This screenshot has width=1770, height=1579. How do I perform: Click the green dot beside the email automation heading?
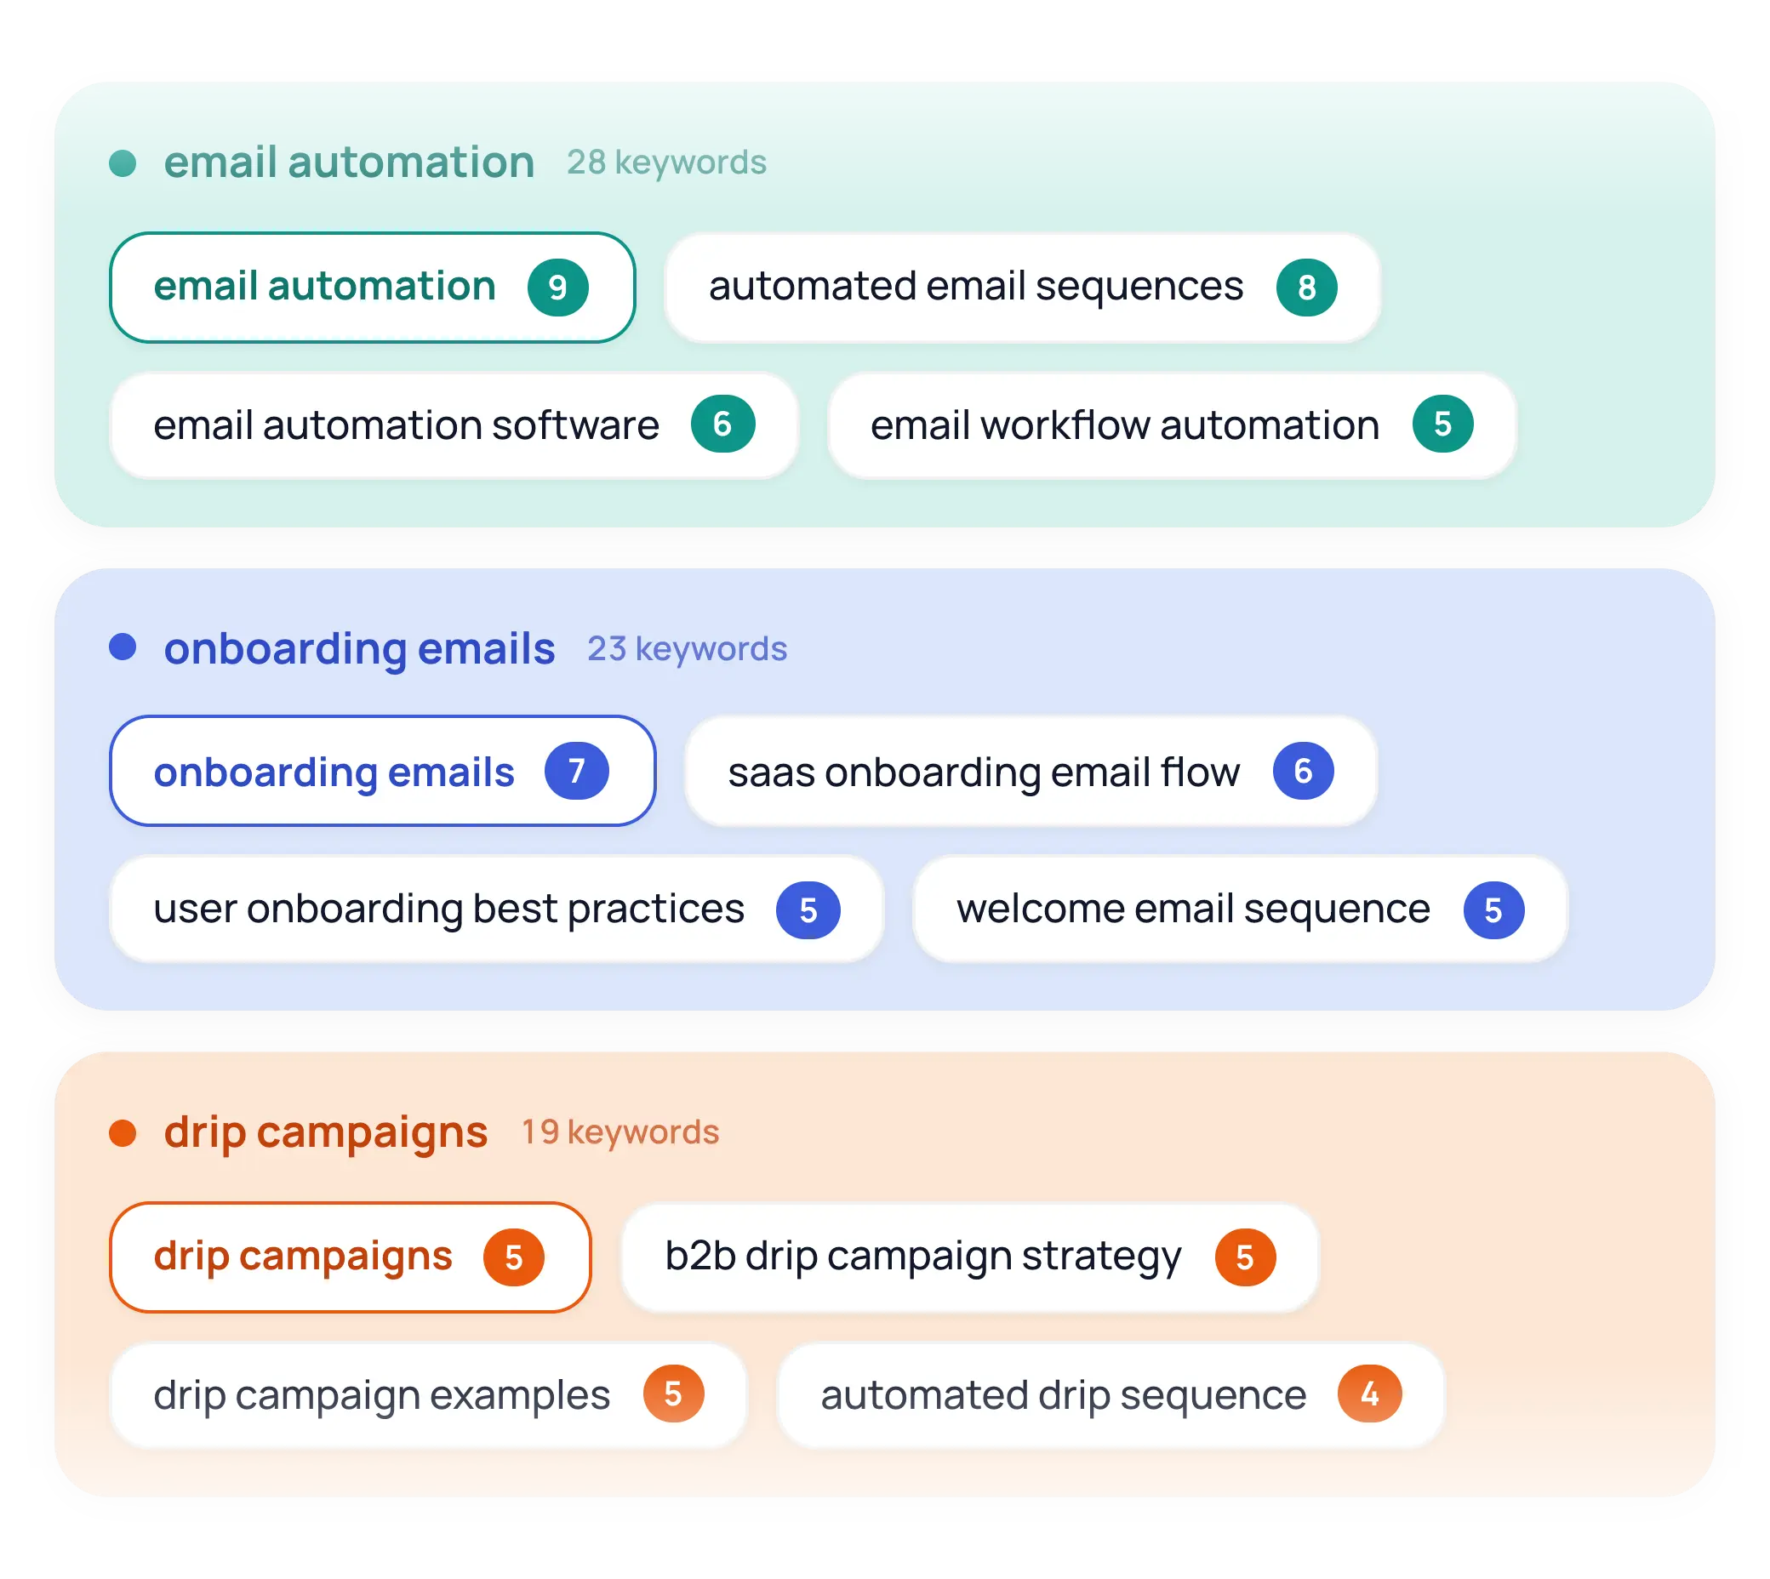tap(123, 163)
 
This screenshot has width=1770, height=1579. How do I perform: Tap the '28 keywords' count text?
tap(665, 162)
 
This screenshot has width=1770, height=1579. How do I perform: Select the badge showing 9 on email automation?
tap(557, 288)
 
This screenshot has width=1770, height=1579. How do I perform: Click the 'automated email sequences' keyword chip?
tap(1021, 288)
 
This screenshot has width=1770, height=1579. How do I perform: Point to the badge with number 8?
tap(1306, 288)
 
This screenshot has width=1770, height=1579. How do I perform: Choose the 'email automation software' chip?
tap(453, 425)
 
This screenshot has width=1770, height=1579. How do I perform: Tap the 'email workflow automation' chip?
tap(1171, 425)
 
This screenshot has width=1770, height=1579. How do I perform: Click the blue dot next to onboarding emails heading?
tap(123, 647)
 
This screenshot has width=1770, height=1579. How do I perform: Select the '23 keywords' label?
tap(687, 649)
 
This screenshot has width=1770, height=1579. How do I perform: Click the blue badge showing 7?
tap(576, 771)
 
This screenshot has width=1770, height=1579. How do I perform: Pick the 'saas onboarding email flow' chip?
tap(1030, 771)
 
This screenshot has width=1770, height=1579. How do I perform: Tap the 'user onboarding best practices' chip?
tap(496, 909)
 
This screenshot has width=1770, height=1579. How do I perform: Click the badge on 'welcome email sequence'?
tap(1493, 910)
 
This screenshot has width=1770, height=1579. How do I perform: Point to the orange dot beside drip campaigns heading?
tap(123, 1132)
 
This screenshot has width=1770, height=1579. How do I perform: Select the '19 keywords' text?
tap(619, 1132)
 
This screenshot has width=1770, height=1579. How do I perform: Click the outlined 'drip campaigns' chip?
tap(350, 1257)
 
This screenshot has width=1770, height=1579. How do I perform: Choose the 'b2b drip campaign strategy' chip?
tap(969, 1257)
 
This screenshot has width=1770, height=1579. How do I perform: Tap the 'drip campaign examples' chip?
tap(428, 1394)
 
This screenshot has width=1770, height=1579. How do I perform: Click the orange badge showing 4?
tap(1368, 1394)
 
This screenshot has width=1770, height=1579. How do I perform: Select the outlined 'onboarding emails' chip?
tap(382, 771)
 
